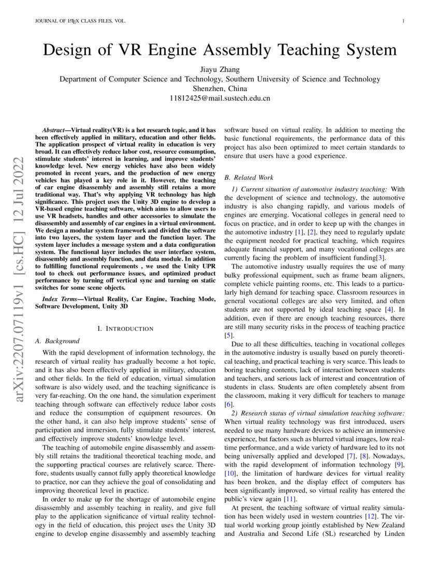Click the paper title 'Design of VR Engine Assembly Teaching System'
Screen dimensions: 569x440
pyautogui.click(x=219, y=50)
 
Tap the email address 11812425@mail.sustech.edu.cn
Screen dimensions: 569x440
pyautogui.click(x=219, y=98)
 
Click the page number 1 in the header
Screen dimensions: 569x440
pyautogui.click(x=403, y=21)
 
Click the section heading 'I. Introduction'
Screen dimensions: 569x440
pyautogui.click(x=125, y=328)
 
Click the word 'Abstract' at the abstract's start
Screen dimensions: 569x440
pyautogui.click(x=56, y=131)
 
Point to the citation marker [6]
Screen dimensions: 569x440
pyautogui.click(x=228, y=403)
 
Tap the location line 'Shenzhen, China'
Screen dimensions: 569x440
pyautogui.click(x=219, y=88)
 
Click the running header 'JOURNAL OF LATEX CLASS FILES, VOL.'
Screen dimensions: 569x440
pyautogui.click(x=80, y=21)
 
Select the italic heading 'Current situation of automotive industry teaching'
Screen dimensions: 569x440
pyautogui.click(x=314, y=190)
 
